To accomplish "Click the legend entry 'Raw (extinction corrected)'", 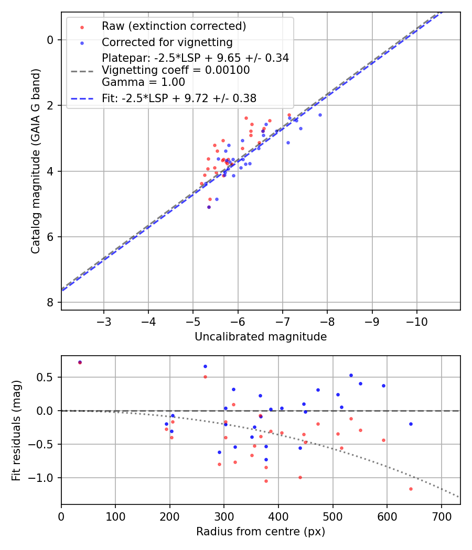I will point(174,26).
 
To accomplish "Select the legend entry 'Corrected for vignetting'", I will point(167,42).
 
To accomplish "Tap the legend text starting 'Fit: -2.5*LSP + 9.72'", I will point(179,98).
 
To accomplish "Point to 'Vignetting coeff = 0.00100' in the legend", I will point(176,70).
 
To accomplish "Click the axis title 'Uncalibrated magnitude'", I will point(261,337).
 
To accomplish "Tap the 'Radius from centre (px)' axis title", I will point(261,532).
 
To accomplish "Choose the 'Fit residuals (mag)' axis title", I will point(17,430).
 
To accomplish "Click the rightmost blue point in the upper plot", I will point(320,115).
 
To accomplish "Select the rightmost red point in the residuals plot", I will point(411,489).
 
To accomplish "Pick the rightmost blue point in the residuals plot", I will point(411,424).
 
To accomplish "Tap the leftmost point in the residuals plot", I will point(80,362).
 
